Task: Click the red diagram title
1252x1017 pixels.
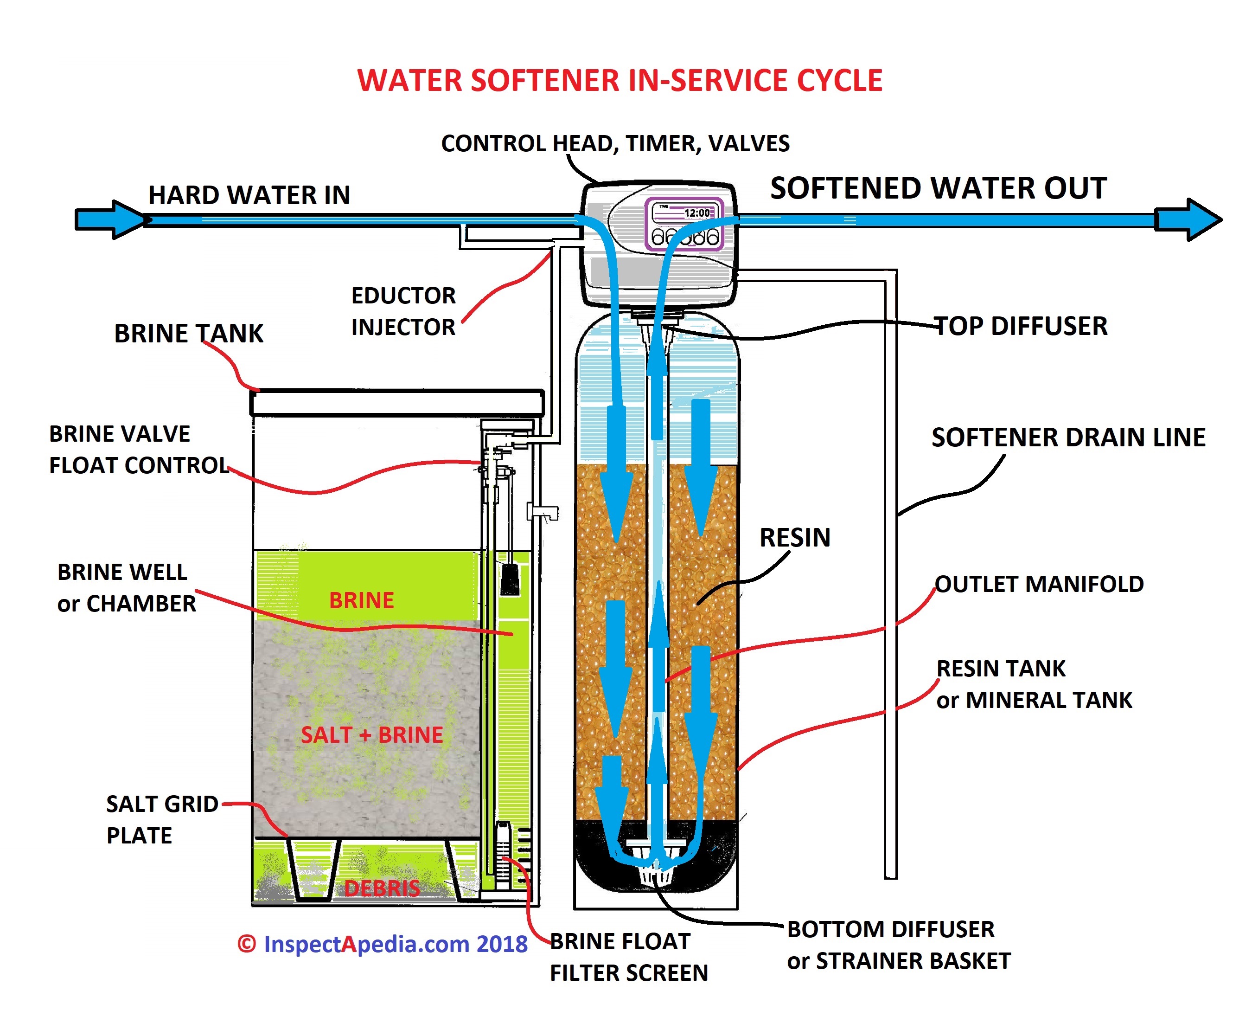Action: [x=620, y=80]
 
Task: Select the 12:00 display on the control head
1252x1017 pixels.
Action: [x=696, y=212]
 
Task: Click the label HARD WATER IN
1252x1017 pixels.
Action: [x=249, y=195]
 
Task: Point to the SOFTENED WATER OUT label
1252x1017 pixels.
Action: [x=938, y=188]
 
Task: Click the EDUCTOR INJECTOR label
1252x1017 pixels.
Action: [x=403, y=311]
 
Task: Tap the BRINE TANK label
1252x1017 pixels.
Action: [x=189, y=333]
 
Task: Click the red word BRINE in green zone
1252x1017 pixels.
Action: [x=361, y=600]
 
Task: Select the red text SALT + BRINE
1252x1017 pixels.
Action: [x=372, y=734]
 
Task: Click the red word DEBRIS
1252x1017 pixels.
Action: [x=382, y=888]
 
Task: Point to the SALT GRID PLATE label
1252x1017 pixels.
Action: [x=162, y=819]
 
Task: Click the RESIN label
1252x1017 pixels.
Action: [x=795, y=537]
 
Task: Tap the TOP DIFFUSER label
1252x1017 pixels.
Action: [x=1020, y=326]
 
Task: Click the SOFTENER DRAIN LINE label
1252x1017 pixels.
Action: [x=1068, y=437]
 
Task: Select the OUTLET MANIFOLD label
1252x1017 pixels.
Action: [x=1039, y=584]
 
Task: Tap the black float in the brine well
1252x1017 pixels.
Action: [x=510, y=579]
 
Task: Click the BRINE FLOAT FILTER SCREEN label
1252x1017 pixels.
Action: [x=629, y=957]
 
